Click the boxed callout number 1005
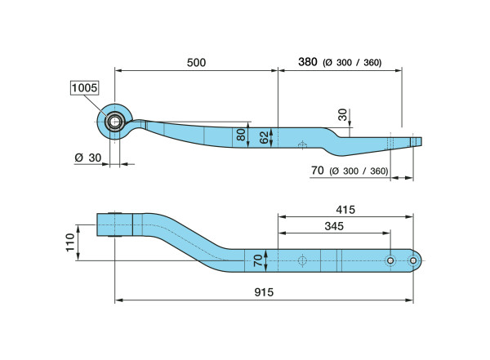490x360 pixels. [x=84, y=88]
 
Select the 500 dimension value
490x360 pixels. [x=196, y=63]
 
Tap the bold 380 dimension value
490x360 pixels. [x=308, y=62]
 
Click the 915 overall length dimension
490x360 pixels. [x=264, y=292]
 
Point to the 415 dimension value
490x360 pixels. [x=345, y=209]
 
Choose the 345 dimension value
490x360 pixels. [x=334, y=226]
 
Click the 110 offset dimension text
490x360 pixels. [x=70, y=242]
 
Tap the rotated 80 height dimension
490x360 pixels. [x=241, y=135]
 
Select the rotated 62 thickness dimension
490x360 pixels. [x=264, y=137]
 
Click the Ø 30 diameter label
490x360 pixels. [x=88, y=158]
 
